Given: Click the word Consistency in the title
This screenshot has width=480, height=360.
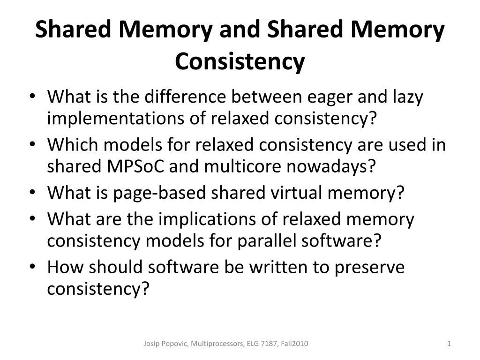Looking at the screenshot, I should (240, 61).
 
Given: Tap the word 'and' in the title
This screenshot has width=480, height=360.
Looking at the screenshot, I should (242, 30).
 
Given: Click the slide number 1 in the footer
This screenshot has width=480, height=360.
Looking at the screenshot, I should (449, 344).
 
